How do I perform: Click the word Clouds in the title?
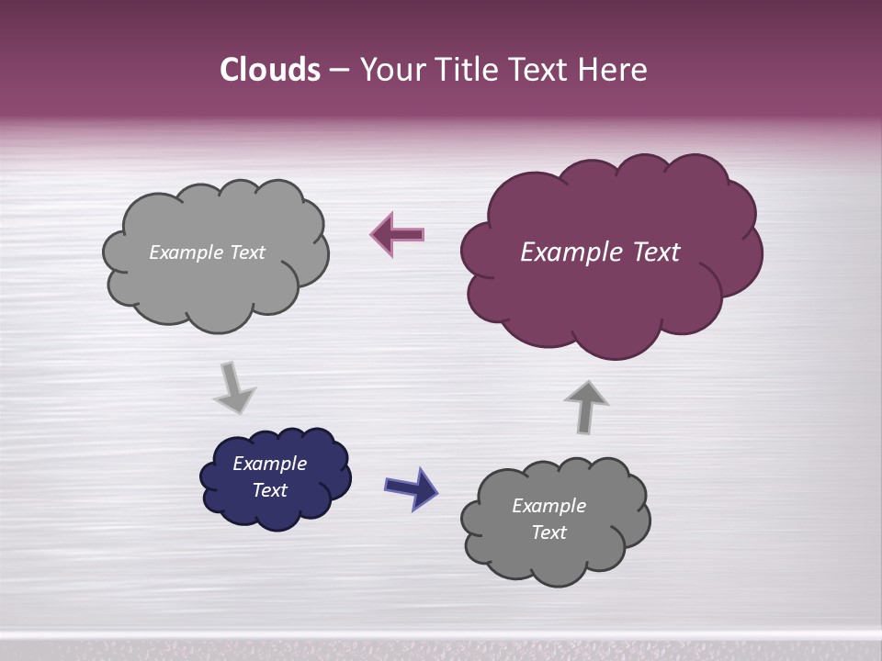point(270,70)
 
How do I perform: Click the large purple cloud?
point(611,294)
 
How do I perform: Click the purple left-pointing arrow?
point(397,235)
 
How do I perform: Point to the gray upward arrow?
point(585,406)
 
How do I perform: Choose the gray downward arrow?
point(233,387)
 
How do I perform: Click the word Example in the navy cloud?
point(269,464)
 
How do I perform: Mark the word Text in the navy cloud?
point(269,490)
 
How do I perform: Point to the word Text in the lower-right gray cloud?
point(548,532)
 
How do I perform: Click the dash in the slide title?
point(338,70)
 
